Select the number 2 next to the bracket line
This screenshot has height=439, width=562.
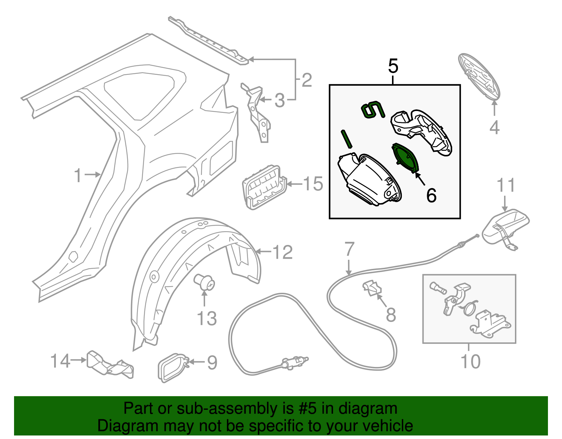(307, 80)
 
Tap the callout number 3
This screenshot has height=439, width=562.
(280, 101)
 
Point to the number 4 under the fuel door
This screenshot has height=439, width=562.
(494, 127)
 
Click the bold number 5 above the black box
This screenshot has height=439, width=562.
(393, 66)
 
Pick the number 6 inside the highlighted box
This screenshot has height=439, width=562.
(431, 195)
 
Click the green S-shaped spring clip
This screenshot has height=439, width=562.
(373, 110)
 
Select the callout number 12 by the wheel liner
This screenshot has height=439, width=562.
(282, 252)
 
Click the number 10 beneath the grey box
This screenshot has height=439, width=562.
(470, 361)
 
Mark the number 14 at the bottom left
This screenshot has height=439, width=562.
(60, 361)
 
